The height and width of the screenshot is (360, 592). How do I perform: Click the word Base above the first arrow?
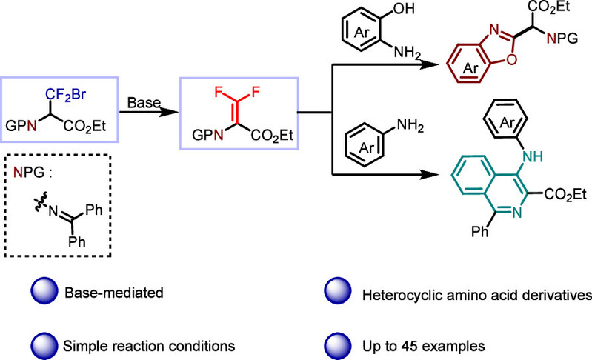pos(140,100)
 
